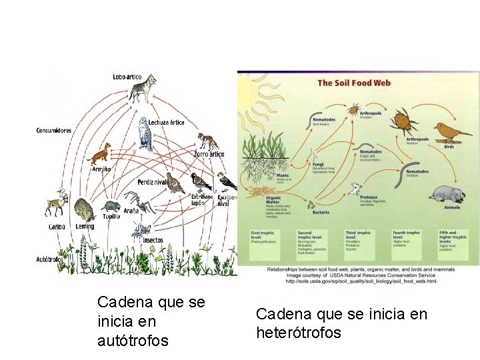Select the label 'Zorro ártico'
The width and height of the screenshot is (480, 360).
tap(209, 154)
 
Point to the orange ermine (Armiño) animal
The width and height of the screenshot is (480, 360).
tap(100, 155)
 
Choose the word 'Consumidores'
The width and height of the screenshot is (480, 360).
tap(54, 131)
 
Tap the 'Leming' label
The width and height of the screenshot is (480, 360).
tap(85, 227)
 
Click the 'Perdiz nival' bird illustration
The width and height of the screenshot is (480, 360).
tap(175, 183)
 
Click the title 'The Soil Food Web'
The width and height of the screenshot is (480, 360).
tap(353, 83)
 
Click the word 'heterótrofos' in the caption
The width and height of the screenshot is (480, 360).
tap(299, 332)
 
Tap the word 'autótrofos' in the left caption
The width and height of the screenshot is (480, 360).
tap(133, 341)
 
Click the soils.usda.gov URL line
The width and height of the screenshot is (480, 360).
tap(361, 281)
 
